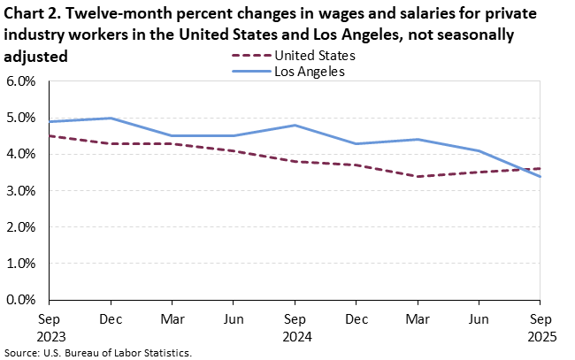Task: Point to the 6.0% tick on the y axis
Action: coord(20,81)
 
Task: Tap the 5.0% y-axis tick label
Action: coord(20,118)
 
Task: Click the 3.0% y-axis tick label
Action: coord(20,191)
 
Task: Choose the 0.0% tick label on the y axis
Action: coord(20,300)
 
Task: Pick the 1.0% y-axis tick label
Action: coord(20,264)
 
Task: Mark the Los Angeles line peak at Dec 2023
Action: coord(111,118)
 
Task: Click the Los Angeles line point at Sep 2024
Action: coord(295,125)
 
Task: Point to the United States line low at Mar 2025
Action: coord(418,176)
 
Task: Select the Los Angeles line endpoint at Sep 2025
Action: coord(540,176)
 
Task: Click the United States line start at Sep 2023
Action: coord(50,136)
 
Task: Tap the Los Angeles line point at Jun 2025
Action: coord(479,150)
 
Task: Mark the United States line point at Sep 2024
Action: coord(295,161)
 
